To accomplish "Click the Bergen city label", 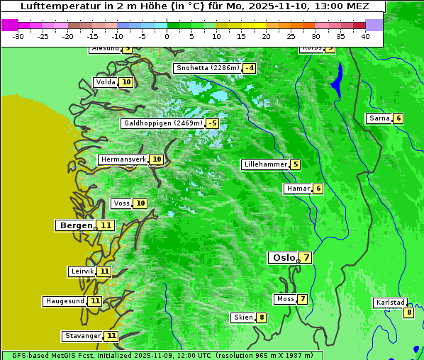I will click(75, 225).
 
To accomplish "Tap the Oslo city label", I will click(284, 258).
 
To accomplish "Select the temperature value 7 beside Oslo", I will click(306, 258).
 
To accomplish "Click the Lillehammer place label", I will click(265, 164).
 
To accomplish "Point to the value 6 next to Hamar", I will click(318, 189).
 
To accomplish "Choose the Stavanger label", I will click(82, 336).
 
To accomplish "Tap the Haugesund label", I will click(65, 301).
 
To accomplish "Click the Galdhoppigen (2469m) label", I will click(162, 123).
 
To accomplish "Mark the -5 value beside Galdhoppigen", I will click(212, 123).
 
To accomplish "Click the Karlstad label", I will click(390, 303).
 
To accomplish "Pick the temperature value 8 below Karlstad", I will click(408, 313).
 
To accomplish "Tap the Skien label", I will click(242, 317).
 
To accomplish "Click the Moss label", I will click(285, 299).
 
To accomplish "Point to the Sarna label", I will click(379, 118).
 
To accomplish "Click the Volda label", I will click(105, 82).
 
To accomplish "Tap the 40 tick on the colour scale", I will click(364, 36).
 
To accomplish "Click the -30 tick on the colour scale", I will click(18, 36).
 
